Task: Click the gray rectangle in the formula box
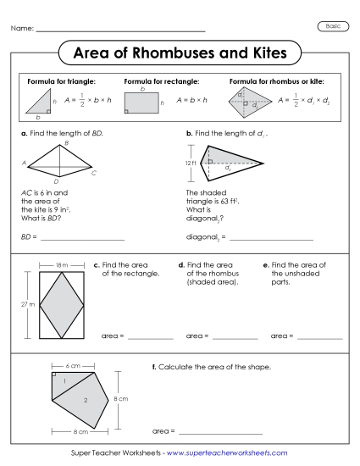(x=142, y=103)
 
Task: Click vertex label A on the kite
(x=25, y=164)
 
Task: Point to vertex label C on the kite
(x=94, y=173)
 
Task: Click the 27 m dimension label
(x=26, y=302)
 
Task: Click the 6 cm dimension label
(x=74, y=365)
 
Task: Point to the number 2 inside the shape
(x=85, y=398)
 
